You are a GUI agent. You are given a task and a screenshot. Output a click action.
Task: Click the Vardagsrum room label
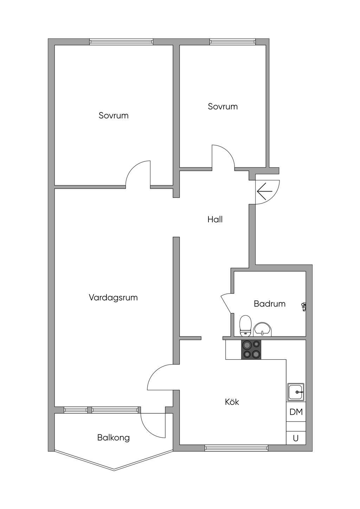coord(113,298)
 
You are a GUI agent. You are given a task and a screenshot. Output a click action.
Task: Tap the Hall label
coord(215,220)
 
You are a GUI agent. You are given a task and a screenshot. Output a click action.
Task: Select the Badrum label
coord(270,304)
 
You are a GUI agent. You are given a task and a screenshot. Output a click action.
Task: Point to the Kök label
coord(232,402)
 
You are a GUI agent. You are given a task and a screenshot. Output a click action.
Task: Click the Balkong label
coord(113,438)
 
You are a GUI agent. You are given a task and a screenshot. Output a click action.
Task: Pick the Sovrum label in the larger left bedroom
coord(114,116)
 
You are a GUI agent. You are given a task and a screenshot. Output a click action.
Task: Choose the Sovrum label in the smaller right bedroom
coord(223,107)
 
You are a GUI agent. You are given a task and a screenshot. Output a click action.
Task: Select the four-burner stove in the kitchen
coord(251,349)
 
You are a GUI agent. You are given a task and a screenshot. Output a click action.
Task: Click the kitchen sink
coord(296,392)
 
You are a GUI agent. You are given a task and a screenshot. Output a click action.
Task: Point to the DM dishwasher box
coord(296,412)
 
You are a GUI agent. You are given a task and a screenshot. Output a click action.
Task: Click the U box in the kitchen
coord(296,438)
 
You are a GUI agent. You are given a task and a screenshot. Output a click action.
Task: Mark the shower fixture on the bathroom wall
coord(303,307)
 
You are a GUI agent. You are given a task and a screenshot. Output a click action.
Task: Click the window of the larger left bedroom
coord(121,42)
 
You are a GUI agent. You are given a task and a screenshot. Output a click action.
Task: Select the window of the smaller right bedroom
coord(232,42)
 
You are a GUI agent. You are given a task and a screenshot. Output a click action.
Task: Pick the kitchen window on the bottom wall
coord(236,448)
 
